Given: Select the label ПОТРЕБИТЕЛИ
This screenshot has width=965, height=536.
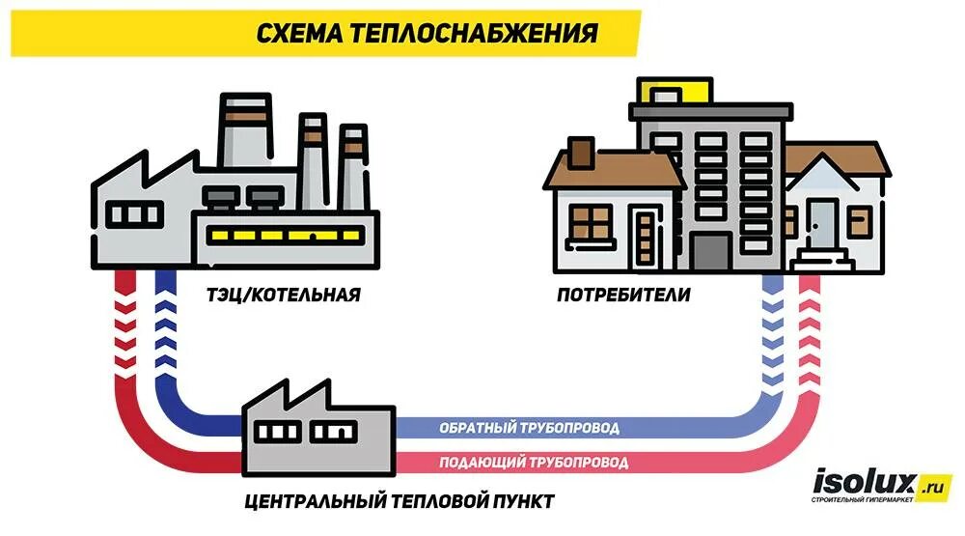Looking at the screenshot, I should click(x=623, y=294).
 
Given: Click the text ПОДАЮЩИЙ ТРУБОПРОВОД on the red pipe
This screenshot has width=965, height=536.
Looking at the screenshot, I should click(x=534, y=463).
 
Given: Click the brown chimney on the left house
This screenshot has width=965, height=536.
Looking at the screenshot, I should click(x=581, y=152).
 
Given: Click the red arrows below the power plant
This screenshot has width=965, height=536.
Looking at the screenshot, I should click(x=125, y=333).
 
